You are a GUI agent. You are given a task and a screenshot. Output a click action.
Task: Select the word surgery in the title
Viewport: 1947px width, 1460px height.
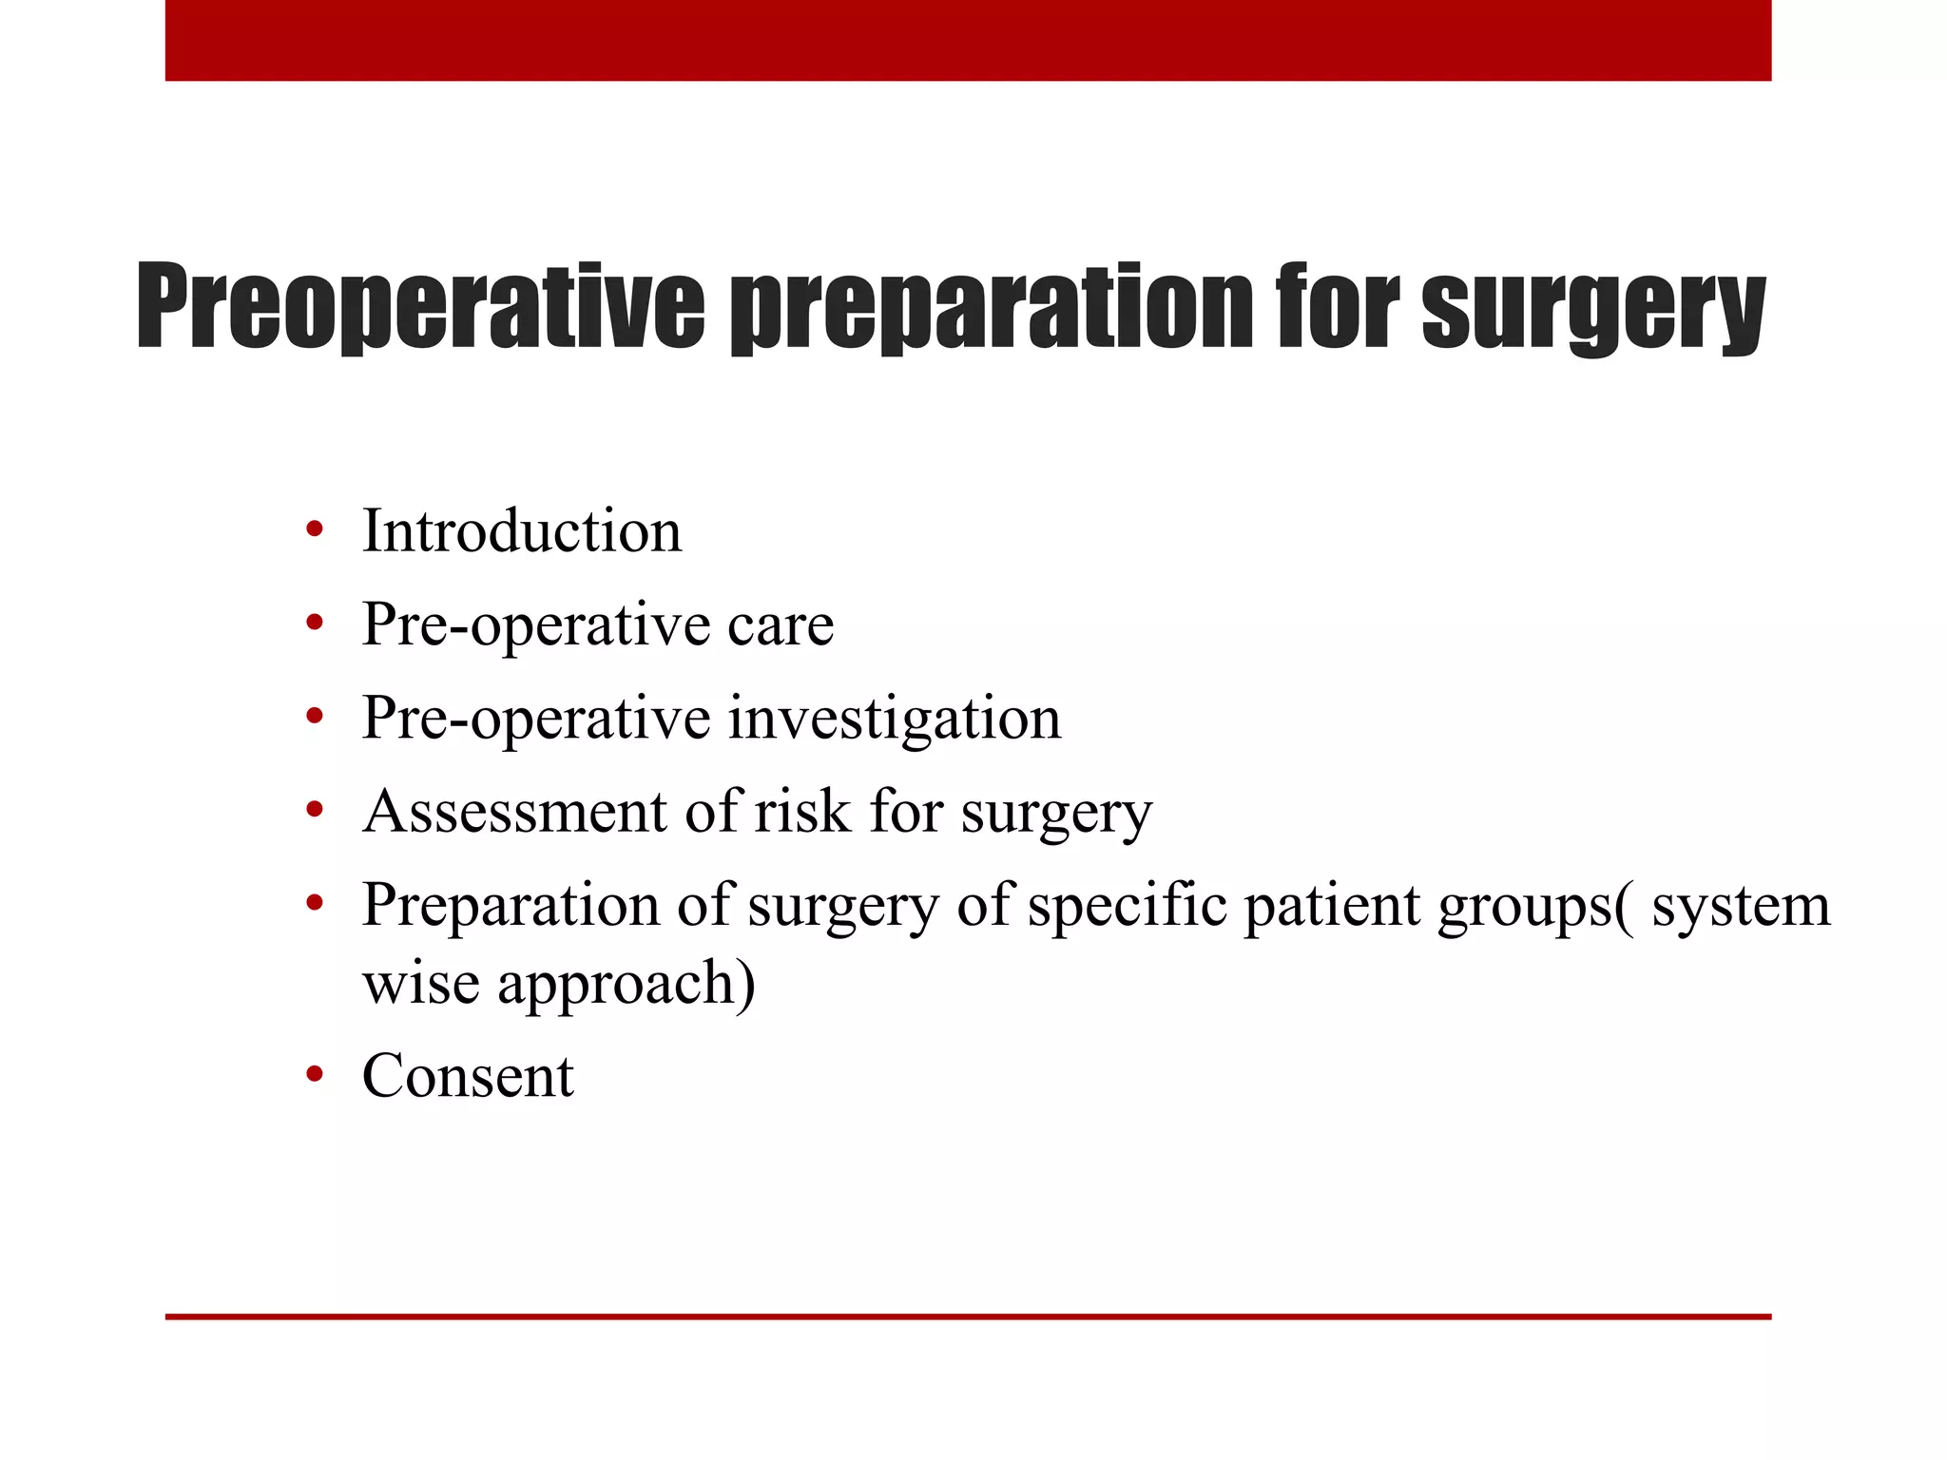point(1592,308)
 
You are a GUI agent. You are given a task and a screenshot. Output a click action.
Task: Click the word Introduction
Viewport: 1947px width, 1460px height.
point(522,530)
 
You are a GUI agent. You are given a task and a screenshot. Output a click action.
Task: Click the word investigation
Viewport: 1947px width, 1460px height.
point(894,719)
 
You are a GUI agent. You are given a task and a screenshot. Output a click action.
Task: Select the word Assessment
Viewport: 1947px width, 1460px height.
point(514,812)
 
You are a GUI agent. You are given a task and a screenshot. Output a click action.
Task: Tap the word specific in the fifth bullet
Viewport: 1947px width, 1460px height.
point(1128,906)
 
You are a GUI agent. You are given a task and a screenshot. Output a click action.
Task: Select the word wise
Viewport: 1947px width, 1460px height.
point(421,984)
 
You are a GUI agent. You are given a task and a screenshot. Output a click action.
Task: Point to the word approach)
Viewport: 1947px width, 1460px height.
point(627,984)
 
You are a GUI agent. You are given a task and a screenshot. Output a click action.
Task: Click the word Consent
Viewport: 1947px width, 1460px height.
point(468,1076)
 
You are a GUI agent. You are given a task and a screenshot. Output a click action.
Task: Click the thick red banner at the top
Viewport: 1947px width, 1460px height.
point(968,40)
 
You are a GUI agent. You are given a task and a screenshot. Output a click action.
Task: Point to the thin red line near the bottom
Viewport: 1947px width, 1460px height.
point(968,1316)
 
